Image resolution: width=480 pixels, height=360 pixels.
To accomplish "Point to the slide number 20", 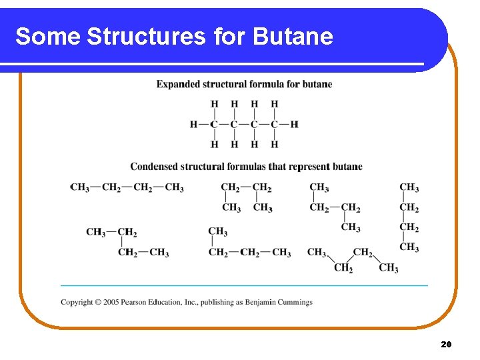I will (446, 344).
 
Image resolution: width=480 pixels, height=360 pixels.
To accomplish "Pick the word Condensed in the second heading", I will (155, 167).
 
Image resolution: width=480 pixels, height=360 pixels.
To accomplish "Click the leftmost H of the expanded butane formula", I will (193, 124).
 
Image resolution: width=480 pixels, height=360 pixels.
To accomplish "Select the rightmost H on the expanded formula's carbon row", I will (295, 124).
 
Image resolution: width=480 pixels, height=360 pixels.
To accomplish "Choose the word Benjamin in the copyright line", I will (256, 302).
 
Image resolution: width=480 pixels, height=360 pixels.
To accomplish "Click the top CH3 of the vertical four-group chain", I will (409, 188).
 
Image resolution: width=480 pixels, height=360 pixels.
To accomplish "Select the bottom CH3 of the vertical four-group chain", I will (409, 248).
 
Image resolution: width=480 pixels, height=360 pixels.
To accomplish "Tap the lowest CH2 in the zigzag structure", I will (343, 268).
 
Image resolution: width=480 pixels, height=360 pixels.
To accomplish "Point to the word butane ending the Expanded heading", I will (317, 84).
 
